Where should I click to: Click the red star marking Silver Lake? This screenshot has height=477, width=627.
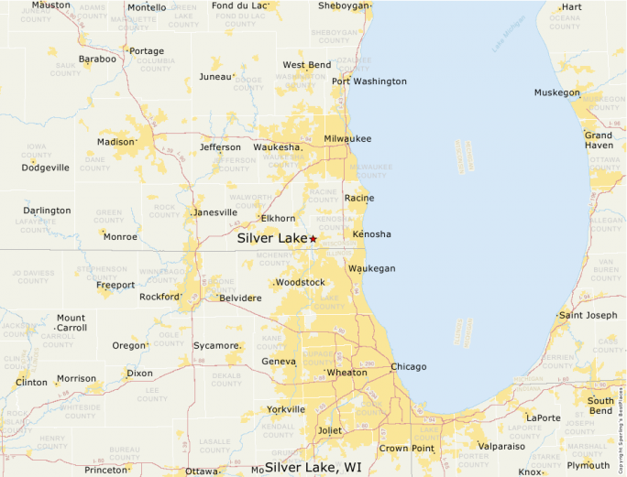[313, 239]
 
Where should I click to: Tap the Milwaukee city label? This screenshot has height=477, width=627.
[347, 138]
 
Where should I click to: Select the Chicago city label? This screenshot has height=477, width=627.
[409, 367]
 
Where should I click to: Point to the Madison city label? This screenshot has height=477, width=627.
[116, 142]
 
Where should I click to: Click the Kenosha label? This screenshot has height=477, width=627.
[371, 234]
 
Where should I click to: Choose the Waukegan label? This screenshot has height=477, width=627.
[371, 268]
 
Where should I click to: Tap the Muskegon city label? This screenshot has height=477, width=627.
[557, 92]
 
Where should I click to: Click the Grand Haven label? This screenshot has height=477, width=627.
[599, 140]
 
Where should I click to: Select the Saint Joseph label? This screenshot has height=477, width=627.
[588, 316]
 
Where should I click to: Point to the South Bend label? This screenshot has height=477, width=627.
[601, 406]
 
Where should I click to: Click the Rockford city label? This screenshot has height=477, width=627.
[160, 297]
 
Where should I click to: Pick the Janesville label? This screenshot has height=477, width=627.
[215, 212]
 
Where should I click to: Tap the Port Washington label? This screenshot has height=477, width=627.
[369, 81]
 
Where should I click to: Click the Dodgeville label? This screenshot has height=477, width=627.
[46, 168]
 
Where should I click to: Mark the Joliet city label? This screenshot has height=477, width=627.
[329, 428]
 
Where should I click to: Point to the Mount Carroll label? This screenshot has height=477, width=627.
[71, 322]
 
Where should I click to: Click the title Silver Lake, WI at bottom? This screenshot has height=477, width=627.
[313, 467]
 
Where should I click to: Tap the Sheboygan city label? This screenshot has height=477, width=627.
[344, 5]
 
